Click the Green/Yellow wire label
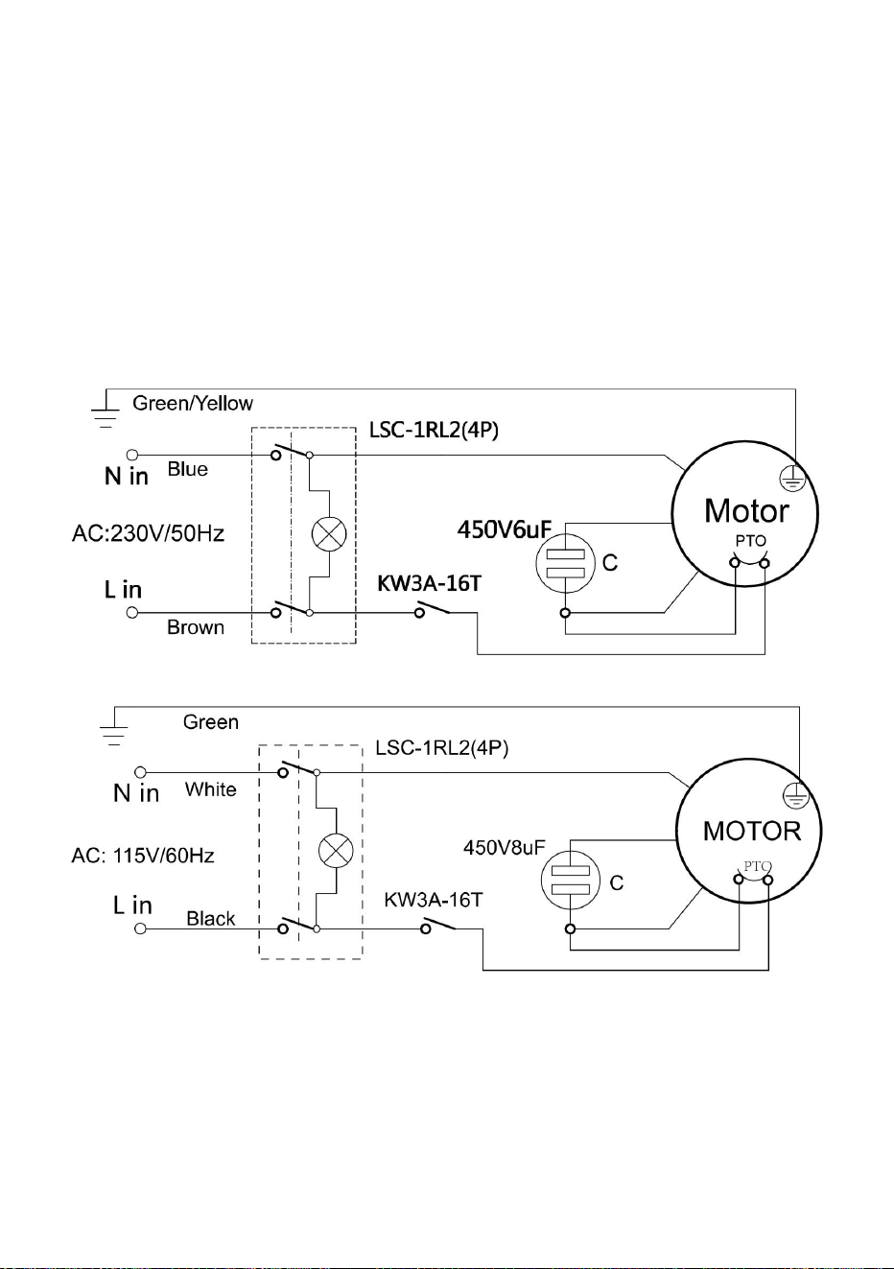tap(193, 404)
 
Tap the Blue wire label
tap(187, 469)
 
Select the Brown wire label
tap(196, 627)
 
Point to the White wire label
tap(210, 789)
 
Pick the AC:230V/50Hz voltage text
tap(148, 533)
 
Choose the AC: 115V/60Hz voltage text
tap(143, 856)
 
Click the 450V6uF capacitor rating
tap(505, 530)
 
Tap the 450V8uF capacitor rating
tap(505, 848)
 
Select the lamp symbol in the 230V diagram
tap(329, 533)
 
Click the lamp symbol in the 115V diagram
tap(336, 851)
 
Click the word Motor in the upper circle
tap(746, 511)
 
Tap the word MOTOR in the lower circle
tap(752, 832)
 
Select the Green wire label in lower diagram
tap(211, 722)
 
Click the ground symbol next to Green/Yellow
tap(106, 412)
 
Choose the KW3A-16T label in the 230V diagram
tap(429, 583)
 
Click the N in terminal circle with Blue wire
tap(132, 455)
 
